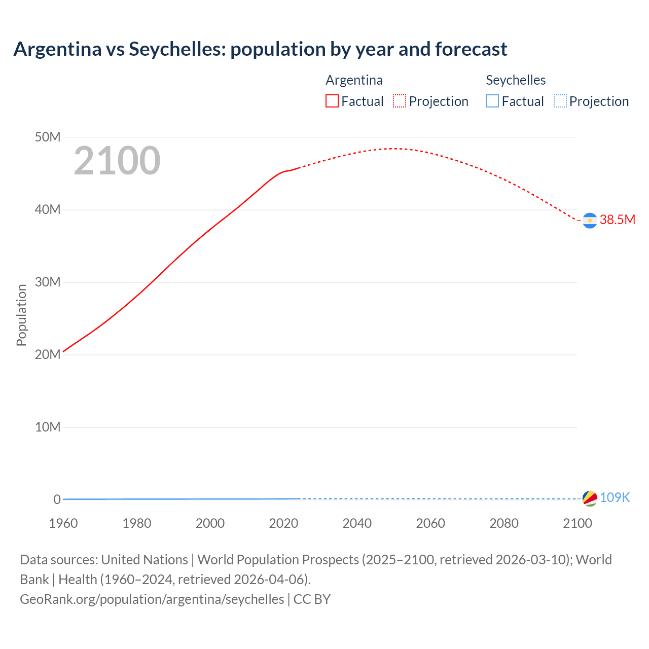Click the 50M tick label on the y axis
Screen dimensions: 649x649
[48, 137]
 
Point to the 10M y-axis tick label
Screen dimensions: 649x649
[48, 427]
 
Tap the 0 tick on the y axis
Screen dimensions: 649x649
[57, 499]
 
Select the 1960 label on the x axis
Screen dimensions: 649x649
[63, 523]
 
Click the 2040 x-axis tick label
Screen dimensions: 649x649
[357, 523]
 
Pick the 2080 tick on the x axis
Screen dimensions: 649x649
[504, 523]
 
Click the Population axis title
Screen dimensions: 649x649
[21, 315]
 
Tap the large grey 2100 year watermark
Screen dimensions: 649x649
[117, 161]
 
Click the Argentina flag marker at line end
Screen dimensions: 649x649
[590, 221]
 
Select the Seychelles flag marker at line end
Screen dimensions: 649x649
[590, 498]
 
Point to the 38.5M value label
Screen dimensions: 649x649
[617, 220]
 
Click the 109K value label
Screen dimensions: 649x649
[615, 497]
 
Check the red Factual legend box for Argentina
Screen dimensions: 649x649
[332, 101]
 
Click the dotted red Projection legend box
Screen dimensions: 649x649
[400, 101]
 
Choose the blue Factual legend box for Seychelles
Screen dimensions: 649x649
[492, 101]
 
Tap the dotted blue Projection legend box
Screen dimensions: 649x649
[560, 101]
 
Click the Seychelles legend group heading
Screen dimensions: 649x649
[516, 80]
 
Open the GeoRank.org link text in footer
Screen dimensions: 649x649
[152, 599]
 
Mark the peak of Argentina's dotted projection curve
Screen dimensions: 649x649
[393, 149]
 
